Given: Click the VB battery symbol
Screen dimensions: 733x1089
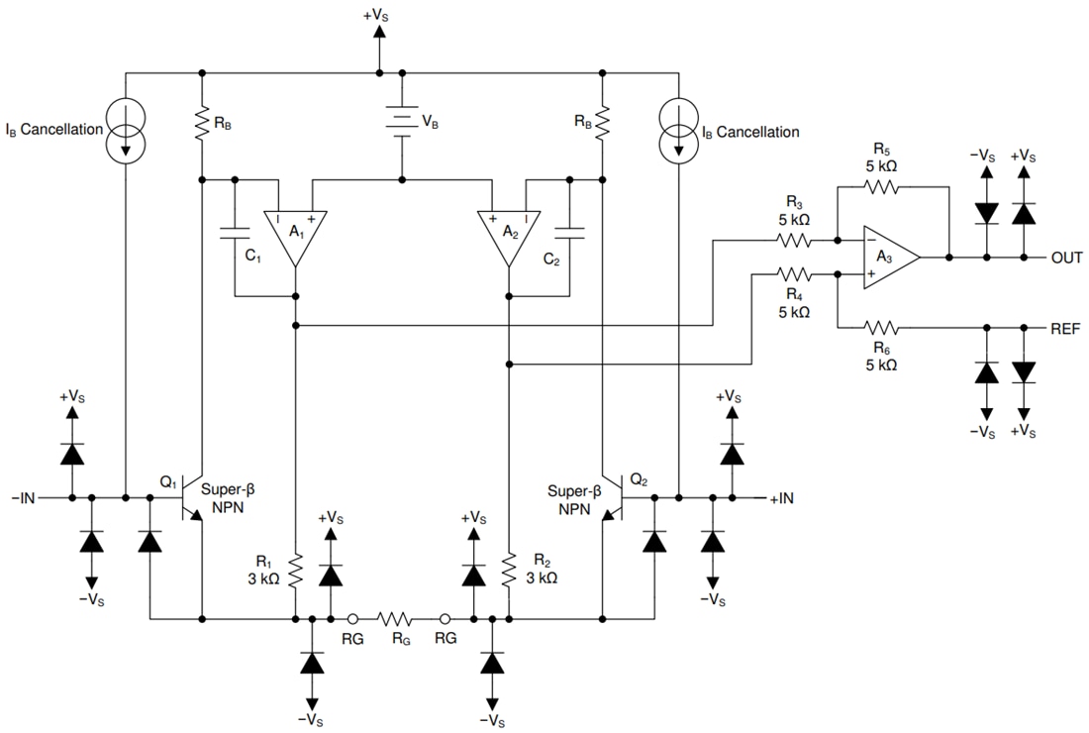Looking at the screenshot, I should (x=401, y=124).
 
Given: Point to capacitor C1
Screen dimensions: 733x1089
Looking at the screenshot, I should (x=235, y=235).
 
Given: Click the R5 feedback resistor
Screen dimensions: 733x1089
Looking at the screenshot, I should (x=880, y=186).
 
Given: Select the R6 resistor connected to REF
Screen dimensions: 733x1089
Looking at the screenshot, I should (x=880, y=326).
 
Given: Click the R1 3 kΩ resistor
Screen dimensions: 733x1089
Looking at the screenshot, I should (x=296, y=570).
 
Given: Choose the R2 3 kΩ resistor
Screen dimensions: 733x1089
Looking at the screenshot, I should (x=507, y=570).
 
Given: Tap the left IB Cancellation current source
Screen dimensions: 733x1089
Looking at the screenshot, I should (x=126, y=131).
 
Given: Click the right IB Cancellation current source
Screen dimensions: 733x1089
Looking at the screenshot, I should (x=678, y=131).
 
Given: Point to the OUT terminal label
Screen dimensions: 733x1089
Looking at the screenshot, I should (x=1067, y=258).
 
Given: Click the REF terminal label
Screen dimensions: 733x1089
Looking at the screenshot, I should (x=1066, y=327).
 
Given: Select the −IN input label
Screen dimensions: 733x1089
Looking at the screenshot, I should (x=23, y=498).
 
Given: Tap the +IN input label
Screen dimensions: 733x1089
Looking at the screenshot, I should (x=781, y=498).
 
